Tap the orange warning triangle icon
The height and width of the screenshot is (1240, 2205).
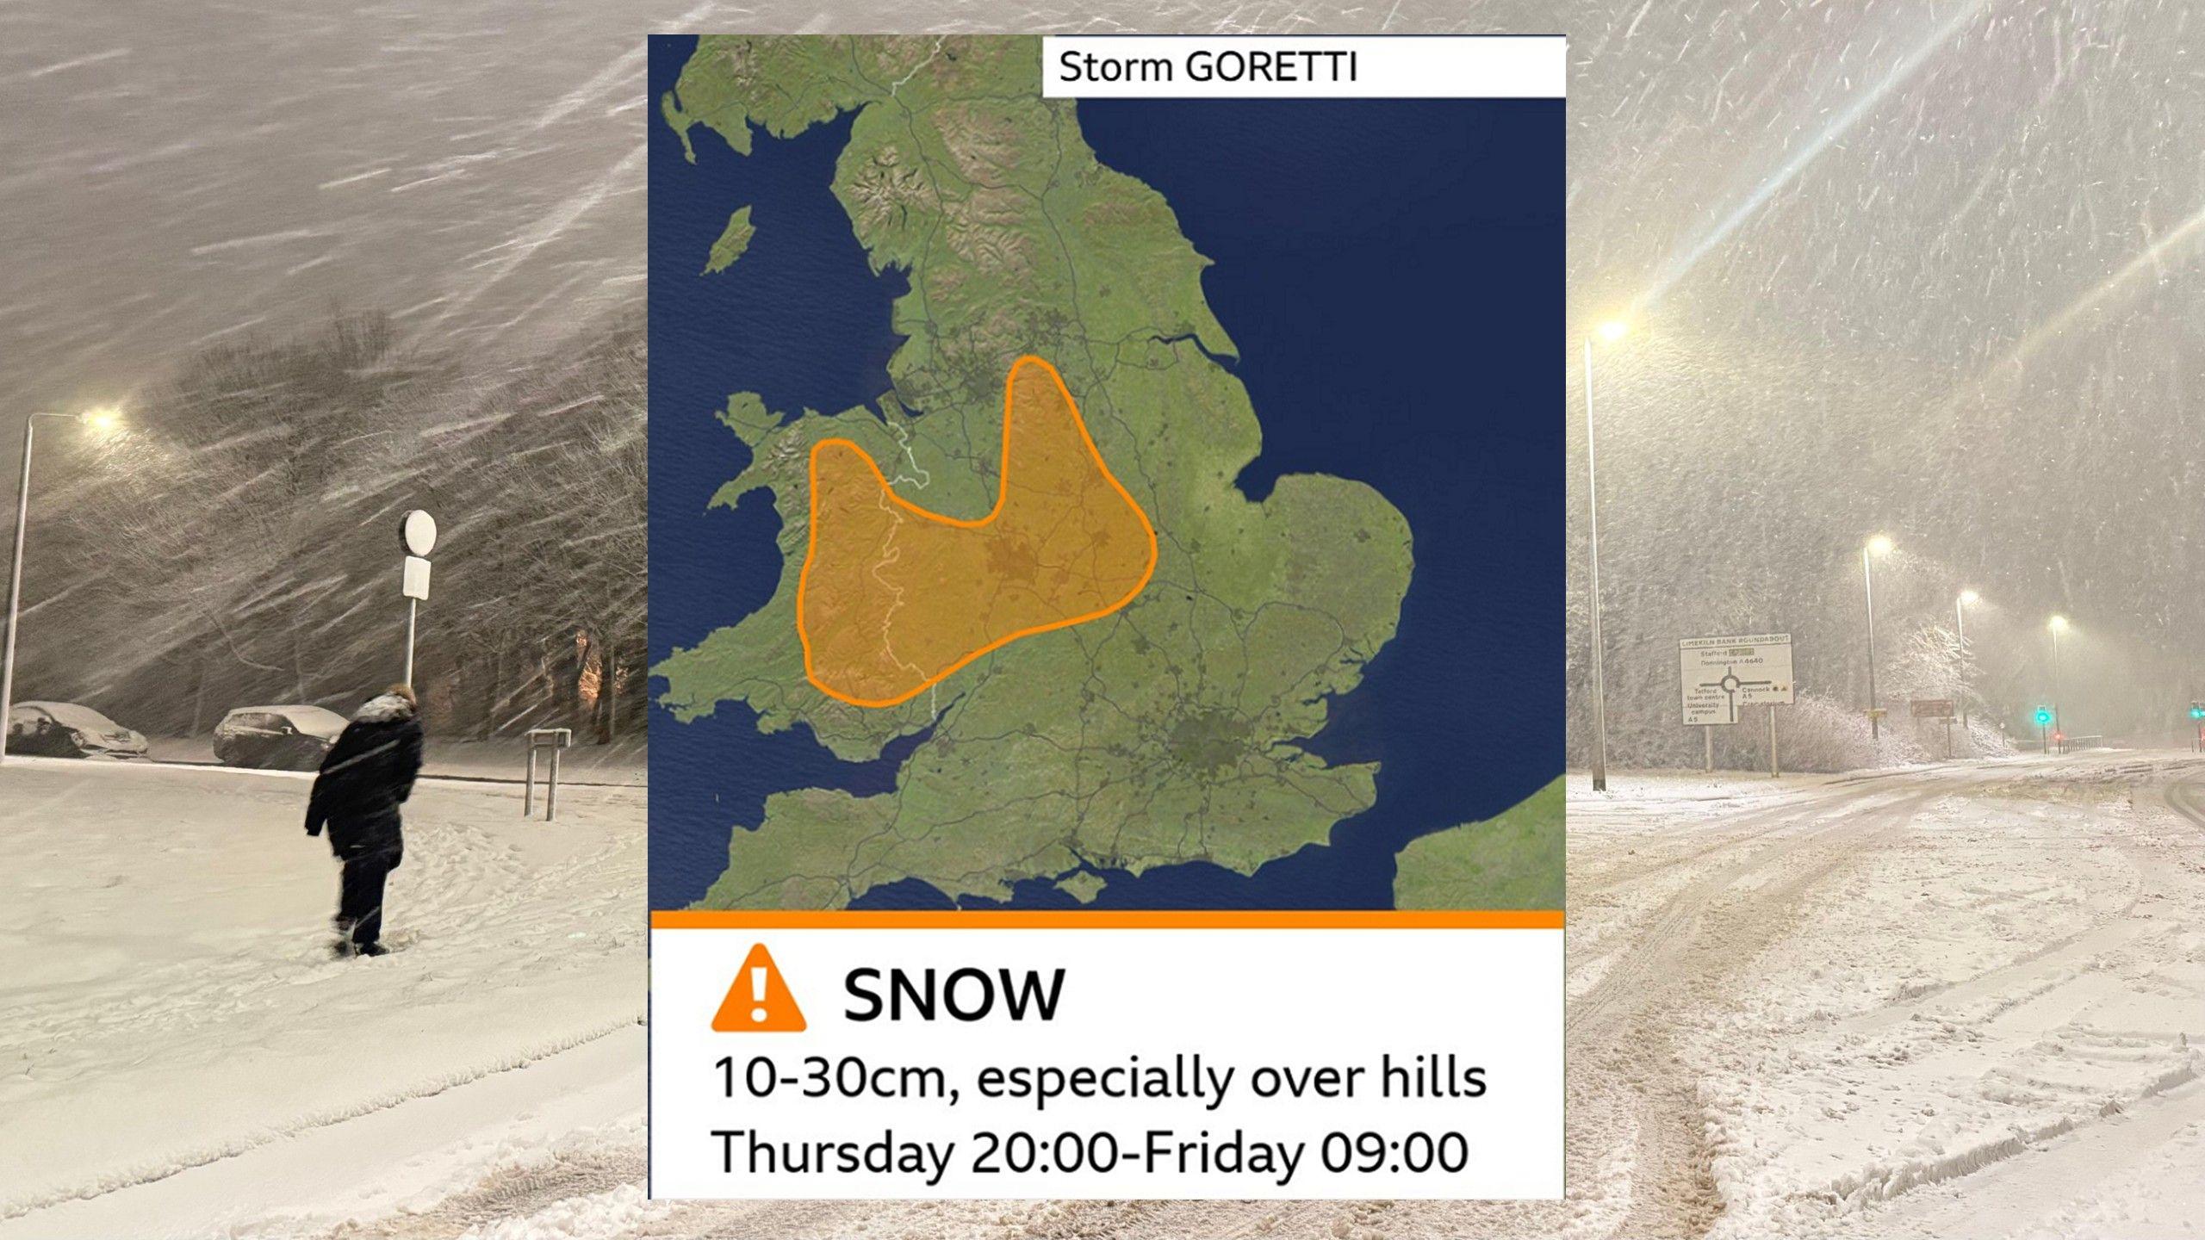[x=758, y=990]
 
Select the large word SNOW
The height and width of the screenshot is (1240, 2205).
[x=953, y=995]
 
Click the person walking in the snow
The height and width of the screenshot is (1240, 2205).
[x=365, y=818]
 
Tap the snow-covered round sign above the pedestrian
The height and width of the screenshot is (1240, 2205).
[x=419, y=532]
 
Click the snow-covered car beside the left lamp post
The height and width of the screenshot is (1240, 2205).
[x=76, y=729]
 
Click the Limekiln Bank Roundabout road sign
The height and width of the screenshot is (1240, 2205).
[x=1736, y=680]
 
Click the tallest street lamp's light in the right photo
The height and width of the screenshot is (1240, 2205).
[x=1611, y=330]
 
